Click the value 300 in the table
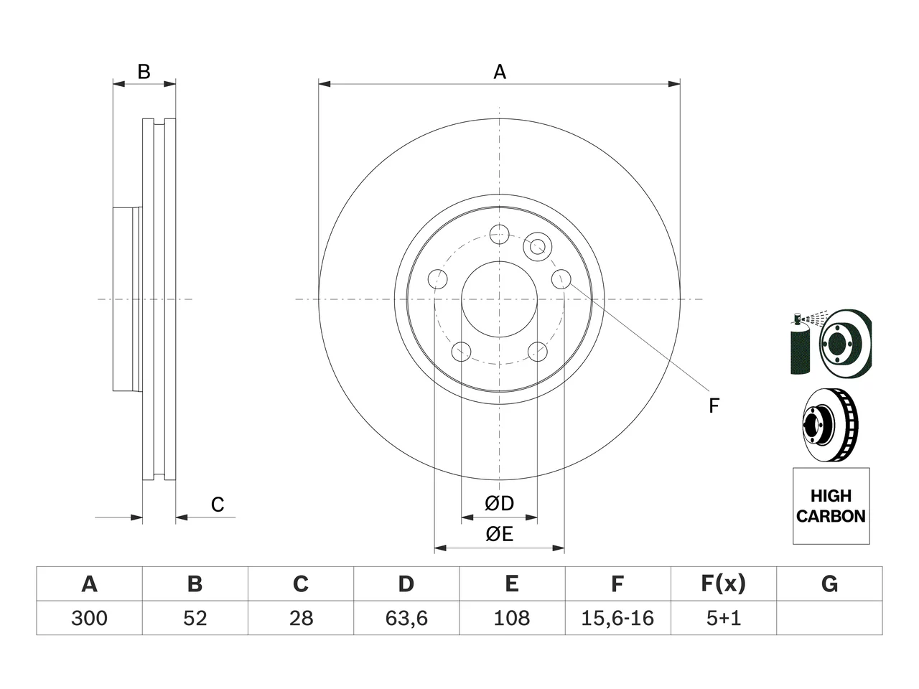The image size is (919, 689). [x=89, y=618]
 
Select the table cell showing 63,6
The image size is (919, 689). [x=406, y=618]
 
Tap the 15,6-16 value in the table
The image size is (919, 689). [x=617, y=618]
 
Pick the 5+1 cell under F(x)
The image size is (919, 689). [x=724, y=618]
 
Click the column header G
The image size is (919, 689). [x=829, y=583]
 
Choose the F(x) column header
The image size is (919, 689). [x=723, y=583]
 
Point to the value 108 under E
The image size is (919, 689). [x=512, y=618]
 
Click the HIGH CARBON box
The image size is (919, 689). [x=831, y=506]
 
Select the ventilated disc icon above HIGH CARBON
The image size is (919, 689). [x=831, y=425]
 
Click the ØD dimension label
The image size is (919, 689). [x=499, y=503]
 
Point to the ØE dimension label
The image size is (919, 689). [x=499, y=534]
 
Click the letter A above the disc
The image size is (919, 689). [x=500, y=72]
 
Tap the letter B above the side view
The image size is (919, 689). [x=144, y=72]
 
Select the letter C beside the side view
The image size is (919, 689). [x=218, y=505]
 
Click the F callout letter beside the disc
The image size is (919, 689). [x=714, y=406]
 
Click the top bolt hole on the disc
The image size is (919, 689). [x=499, y=234]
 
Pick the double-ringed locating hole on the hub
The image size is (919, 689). [x=538, y=247]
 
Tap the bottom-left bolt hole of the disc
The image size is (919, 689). [x=461, y=352]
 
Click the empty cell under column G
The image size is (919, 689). [x=829, y=618]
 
